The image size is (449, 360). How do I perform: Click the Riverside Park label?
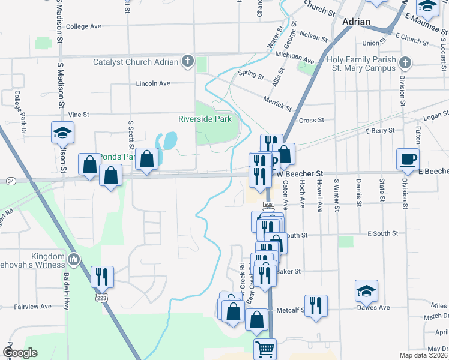[x=205, y=119]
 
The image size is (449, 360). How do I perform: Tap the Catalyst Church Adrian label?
[x=136, y=62]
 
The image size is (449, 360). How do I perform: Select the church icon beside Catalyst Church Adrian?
[x=188, y=61]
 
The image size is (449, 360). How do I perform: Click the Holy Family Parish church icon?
[x=405, y=62]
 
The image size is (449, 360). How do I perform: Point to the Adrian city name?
[x=355, y=22]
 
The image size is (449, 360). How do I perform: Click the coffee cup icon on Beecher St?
[x=408, y=159]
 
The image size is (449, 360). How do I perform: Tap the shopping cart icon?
[x=265, y=349]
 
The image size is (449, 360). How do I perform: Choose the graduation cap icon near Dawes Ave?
[x=366, y=291]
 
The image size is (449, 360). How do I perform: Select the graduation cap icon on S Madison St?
[x=62, y=133]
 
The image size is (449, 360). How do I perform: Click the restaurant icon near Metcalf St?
[x=316, y=305]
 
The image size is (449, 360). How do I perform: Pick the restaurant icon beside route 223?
[x=102, y=276]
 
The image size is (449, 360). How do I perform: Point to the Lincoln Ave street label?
[x=153, y=83]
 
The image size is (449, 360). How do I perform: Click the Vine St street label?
[x=79, y=114]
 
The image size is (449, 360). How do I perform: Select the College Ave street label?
[x=83, y=26]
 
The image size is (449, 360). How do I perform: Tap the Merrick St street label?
[x=277, y=103]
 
